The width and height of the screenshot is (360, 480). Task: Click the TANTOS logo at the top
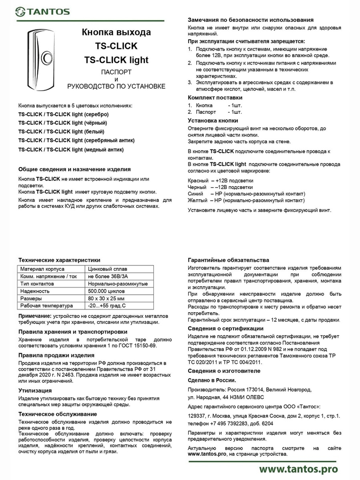(x=42, y=12)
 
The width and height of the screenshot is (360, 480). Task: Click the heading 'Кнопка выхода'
(x=116, y=32)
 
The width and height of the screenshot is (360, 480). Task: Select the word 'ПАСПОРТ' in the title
(x=116, y=72)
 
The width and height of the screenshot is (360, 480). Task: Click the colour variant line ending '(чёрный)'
(x=63, y=123)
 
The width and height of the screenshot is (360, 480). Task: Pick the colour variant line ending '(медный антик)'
(x=71, y=149)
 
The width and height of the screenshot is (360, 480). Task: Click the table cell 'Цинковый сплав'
(x=107, y=269)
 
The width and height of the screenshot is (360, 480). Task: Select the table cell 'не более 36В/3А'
(x=108, y=276)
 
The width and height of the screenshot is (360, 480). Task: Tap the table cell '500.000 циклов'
(x=106, y=291)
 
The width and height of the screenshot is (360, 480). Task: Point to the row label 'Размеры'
(x=31, y=298)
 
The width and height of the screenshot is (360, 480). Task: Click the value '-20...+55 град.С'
(x=107, y=306)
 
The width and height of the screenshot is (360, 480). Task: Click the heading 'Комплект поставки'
(x=215, y=98)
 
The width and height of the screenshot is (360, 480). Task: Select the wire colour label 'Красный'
(x=198, y=181)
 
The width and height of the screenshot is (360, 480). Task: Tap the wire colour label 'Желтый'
(x=197, y=200)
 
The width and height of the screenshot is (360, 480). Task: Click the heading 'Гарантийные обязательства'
(x=228, y=260)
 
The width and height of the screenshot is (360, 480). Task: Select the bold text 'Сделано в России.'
(x=212, y=380)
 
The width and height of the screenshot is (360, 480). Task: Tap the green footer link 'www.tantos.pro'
(x=298, y=469)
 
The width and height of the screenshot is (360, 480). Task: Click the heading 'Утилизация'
(x=35, y=390)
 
